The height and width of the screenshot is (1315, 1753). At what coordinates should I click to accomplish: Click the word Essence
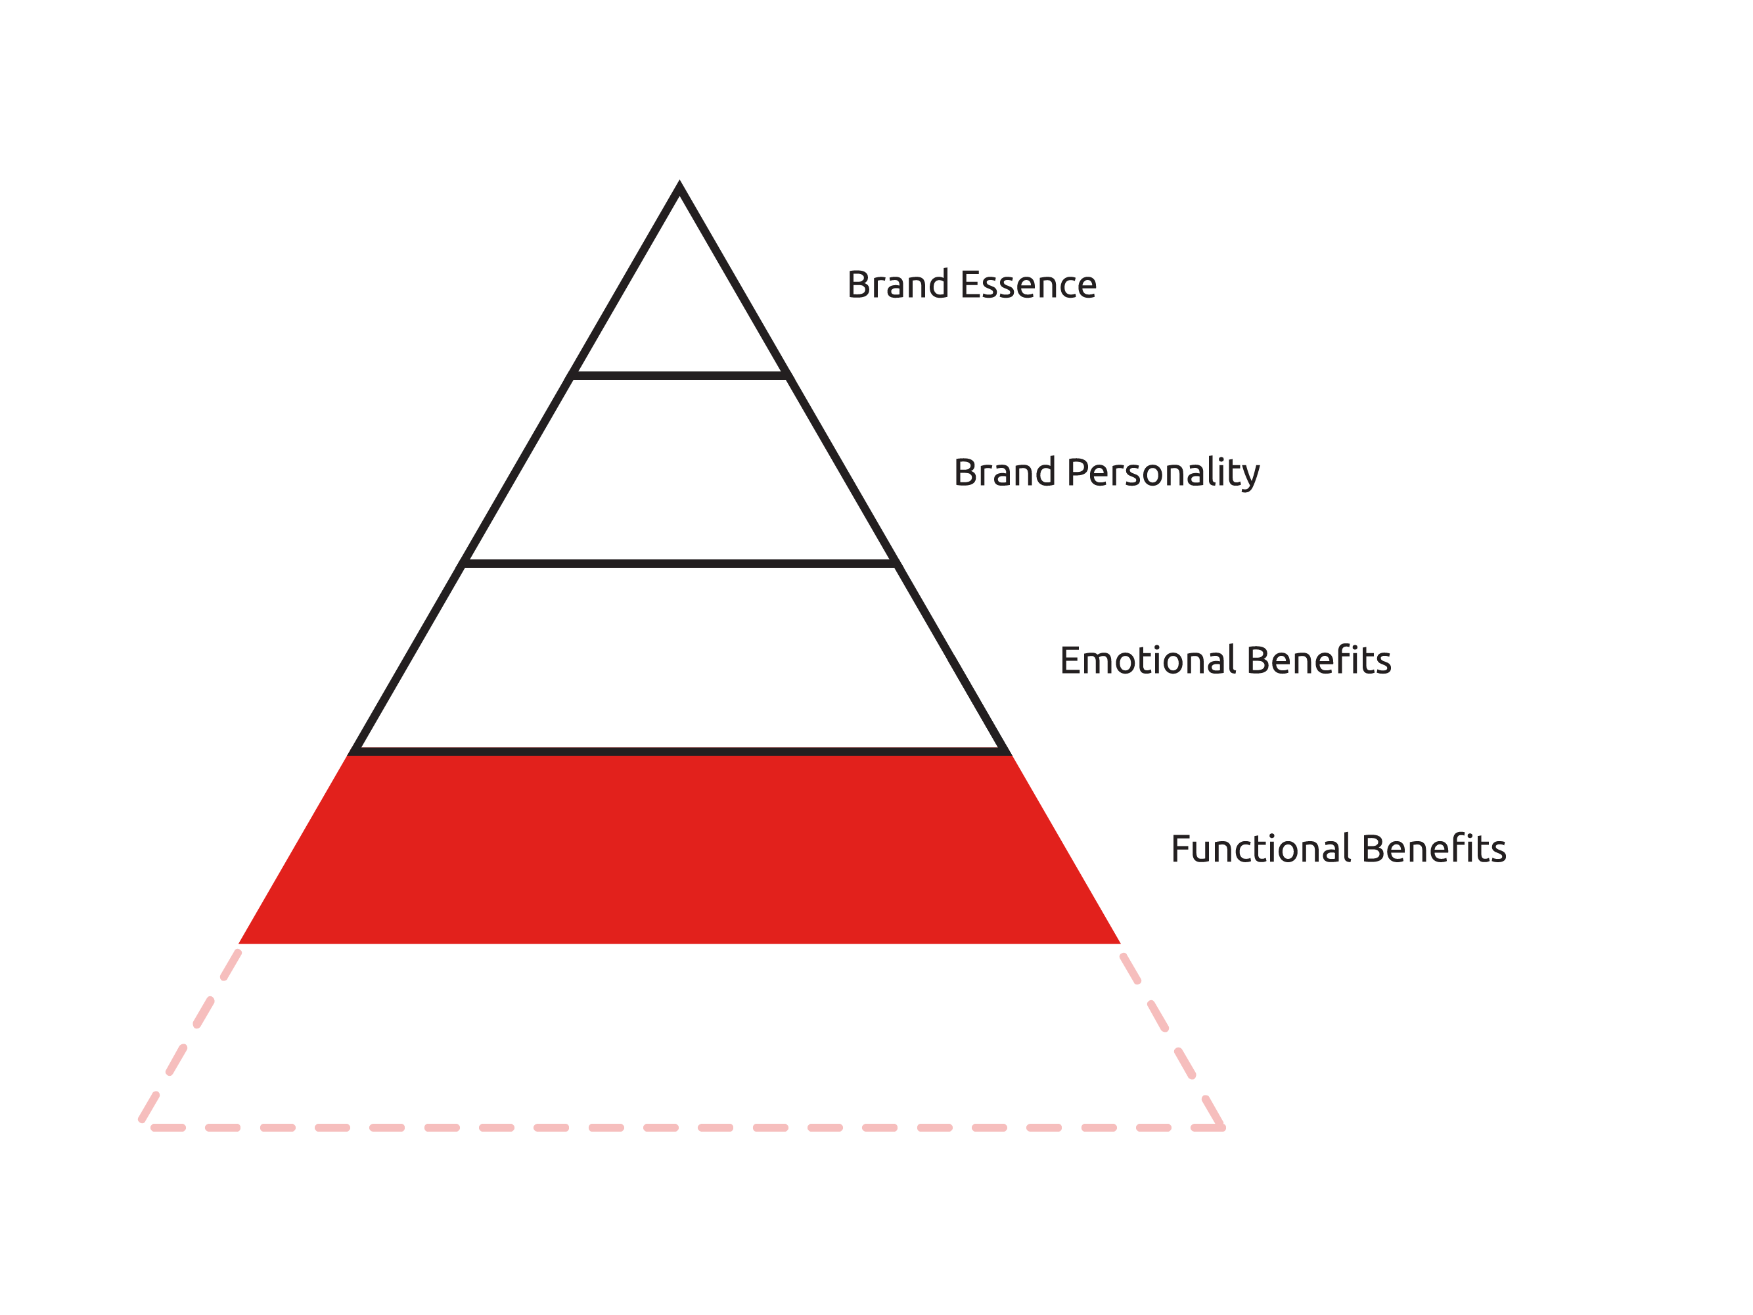coord(1029,285)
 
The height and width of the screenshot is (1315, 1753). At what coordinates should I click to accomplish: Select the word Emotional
coord(1149,660)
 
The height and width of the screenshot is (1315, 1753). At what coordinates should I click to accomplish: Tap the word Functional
coord(1262,848)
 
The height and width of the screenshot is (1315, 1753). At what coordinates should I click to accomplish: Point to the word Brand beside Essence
coord(898,285)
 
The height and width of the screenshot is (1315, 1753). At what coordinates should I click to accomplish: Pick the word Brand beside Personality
coord(1005,473)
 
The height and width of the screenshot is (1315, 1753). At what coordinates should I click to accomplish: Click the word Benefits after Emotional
coord(1319,660)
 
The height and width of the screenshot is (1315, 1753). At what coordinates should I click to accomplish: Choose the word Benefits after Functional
coord(1434,848)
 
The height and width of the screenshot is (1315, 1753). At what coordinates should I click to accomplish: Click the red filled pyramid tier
coord(679,849)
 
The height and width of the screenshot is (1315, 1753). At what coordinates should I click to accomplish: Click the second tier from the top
coord(679,470)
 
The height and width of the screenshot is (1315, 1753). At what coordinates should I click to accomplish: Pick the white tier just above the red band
coord(679,658)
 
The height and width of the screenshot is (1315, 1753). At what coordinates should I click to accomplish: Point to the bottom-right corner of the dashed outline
coord(1223,1127)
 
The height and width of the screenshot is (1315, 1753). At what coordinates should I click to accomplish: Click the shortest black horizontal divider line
coord(679,376)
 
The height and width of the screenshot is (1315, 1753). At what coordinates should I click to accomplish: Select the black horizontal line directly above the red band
coord(679,751)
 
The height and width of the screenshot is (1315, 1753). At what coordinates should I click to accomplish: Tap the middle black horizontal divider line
coord(679,564)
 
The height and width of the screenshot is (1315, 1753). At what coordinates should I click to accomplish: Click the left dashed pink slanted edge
coord(190,1036)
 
